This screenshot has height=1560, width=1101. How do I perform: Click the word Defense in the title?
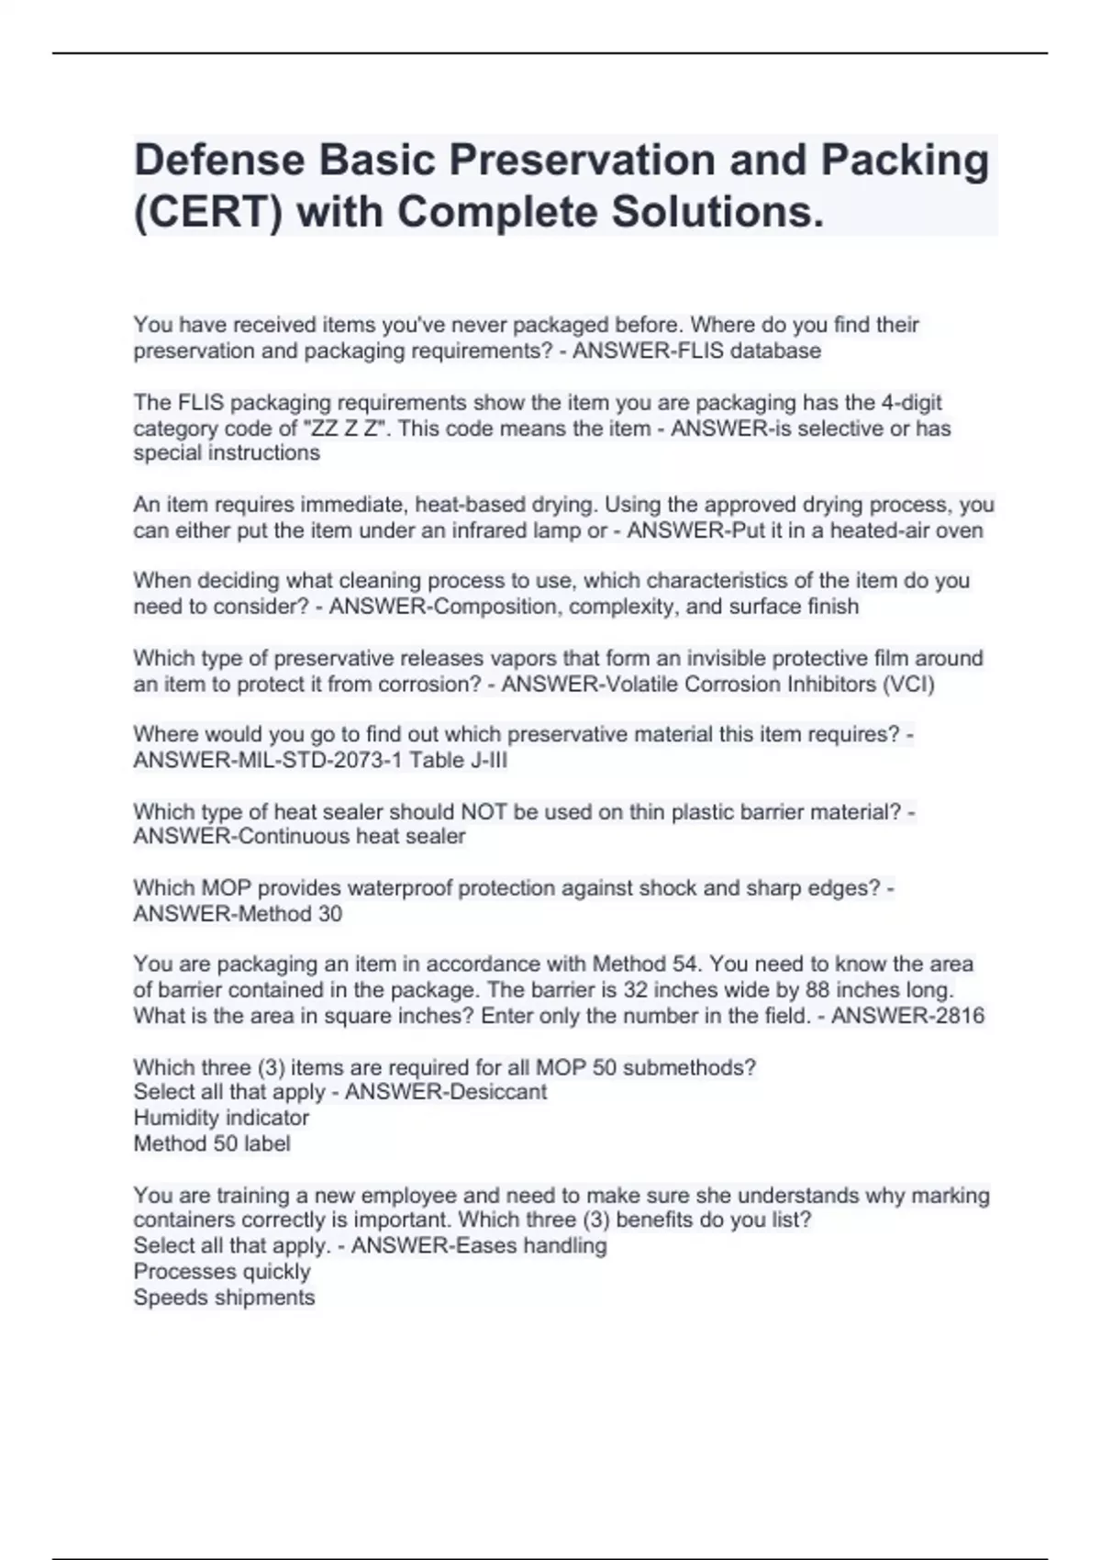(219, 161)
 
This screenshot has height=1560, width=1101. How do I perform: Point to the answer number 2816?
(958, 1016)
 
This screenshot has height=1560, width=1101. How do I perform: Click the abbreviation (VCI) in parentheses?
(908, 684)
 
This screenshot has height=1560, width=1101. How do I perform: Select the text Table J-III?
(458, 760)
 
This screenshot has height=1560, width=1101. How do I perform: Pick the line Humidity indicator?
(221, 1118)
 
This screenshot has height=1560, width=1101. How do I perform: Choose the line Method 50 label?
(212, 1143)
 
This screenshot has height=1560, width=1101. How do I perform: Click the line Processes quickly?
(222, 1272)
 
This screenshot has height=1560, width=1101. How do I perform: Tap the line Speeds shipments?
(224, 1298)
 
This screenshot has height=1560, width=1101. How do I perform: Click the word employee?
(408, 1196)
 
